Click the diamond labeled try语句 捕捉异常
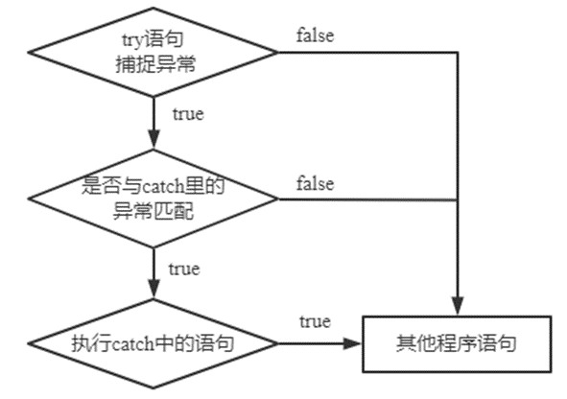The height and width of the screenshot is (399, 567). (154, 52)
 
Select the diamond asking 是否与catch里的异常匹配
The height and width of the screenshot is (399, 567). (154, 199)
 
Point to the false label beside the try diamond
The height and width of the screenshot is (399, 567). (315, 36)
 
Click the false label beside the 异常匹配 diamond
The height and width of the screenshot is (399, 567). (315, 183)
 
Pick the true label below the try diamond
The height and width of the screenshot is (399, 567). (187, 115)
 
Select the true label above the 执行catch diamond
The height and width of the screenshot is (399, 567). (183, 269)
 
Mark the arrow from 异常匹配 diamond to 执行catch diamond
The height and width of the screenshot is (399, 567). (154, 273)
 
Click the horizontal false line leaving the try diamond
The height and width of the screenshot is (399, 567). (365, 52)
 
